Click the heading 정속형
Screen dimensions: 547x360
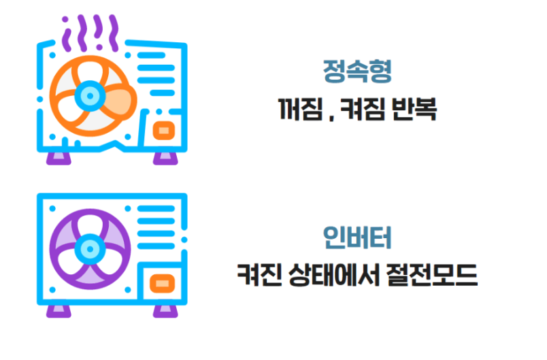tap(358, 71)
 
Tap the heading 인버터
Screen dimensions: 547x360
tap(358, 237)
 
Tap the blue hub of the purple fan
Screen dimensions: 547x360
tap(86, 246)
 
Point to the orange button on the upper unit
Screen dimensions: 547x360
tap(163, 130)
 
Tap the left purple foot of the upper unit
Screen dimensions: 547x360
tap(58, 157)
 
